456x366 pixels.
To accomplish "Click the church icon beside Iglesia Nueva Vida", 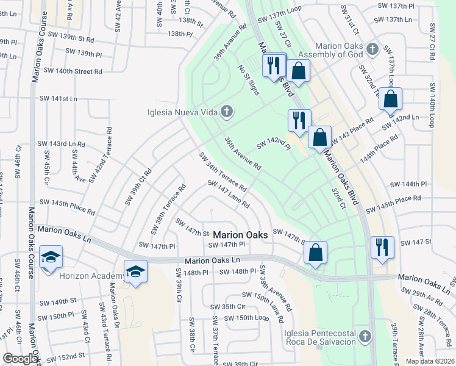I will (227, 111).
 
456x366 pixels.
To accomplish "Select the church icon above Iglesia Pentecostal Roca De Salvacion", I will (365, 336).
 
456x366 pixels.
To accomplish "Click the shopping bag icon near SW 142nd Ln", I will (390, 98).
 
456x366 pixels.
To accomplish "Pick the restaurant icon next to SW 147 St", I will (382, 247).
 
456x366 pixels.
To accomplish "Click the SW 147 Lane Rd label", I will (229, 195).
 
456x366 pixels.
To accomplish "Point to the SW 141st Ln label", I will (59, 98).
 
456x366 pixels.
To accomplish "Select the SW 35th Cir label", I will (227, 307).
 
